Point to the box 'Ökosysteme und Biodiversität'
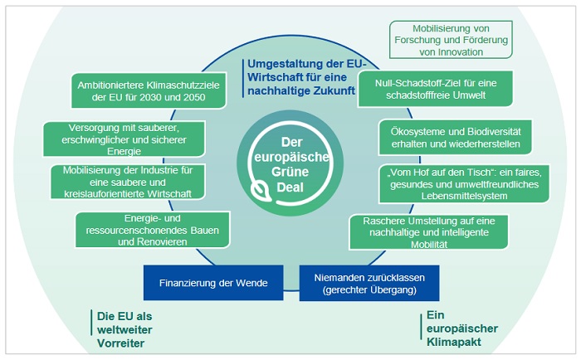tap(450, 137)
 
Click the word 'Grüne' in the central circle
tap(290, 172)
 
